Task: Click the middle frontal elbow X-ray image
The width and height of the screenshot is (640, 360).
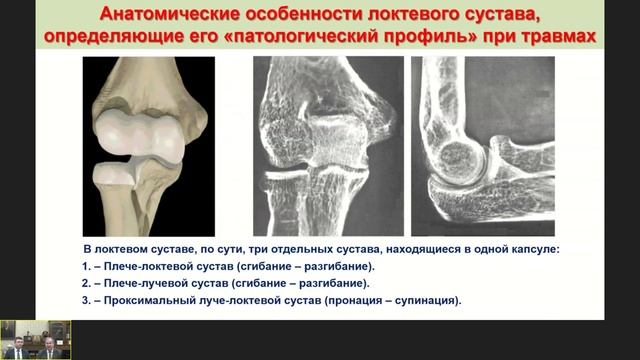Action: point(328,146)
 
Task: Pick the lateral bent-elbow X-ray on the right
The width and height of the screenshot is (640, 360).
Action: point(483,146)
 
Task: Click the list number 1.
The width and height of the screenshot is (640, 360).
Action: point(85,267)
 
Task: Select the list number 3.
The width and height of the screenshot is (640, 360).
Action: point(85,300)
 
